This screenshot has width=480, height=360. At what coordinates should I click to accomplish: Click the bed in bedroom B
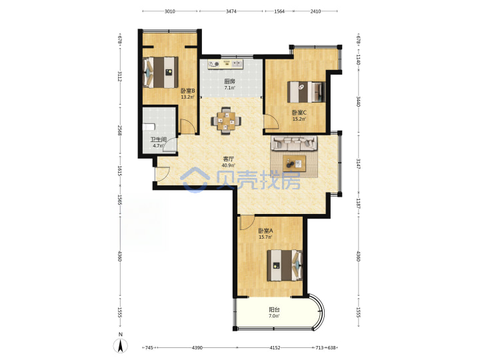(x=161, y=72)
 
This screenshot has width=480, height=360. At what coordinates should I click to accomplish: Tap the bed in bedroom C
(x=306, y=92)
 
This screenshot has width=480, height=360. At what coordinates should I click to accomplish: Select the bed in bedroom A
(x=285, y=265)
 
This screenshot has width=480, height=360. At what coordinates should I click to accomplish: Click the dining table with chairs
(x=226, y=121)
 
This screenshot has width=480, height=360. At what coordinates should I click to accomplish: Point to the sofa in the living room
(x=293, y=143)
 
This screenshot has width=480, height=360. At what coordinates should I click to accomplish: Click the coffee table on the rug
(x=294, y=163)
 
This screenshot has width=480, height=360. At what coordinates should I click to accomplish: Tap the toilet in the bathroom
(x=149, y=127)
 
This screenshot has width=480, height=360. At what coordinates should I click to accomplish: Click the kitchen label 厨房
(x=229, y=81)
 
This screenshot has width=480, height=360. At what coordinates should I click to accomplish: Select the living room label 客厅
(x=228, y=159)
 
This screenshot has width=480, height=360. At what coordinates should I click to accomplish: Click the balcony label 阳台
(x=274, y=310)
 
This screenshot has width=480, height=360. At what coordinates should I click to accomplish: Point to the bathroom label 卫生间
(x=158, y=139)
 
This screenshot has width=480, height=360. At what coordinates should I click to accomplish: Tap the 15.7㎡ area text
(x=265, y=237)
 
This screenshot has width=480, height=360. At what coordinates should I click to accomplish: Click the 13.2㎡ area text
(x=187, y=97)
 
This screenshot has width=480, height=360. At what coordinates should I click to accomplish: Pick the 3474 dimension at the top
(x=231, y=11)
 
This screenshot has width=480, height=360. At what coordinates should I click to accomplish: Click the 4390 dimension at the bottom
(x=197, y=348)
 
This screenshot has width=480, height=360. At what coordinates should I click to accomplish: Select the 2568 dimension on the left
(x=120, y=131)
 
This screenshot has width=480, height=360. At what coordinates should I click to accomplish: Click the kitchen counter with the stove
(x=225, y=64)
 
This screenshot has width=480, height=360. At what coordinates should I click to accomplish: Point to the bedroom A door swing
(x=247, y=223)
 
